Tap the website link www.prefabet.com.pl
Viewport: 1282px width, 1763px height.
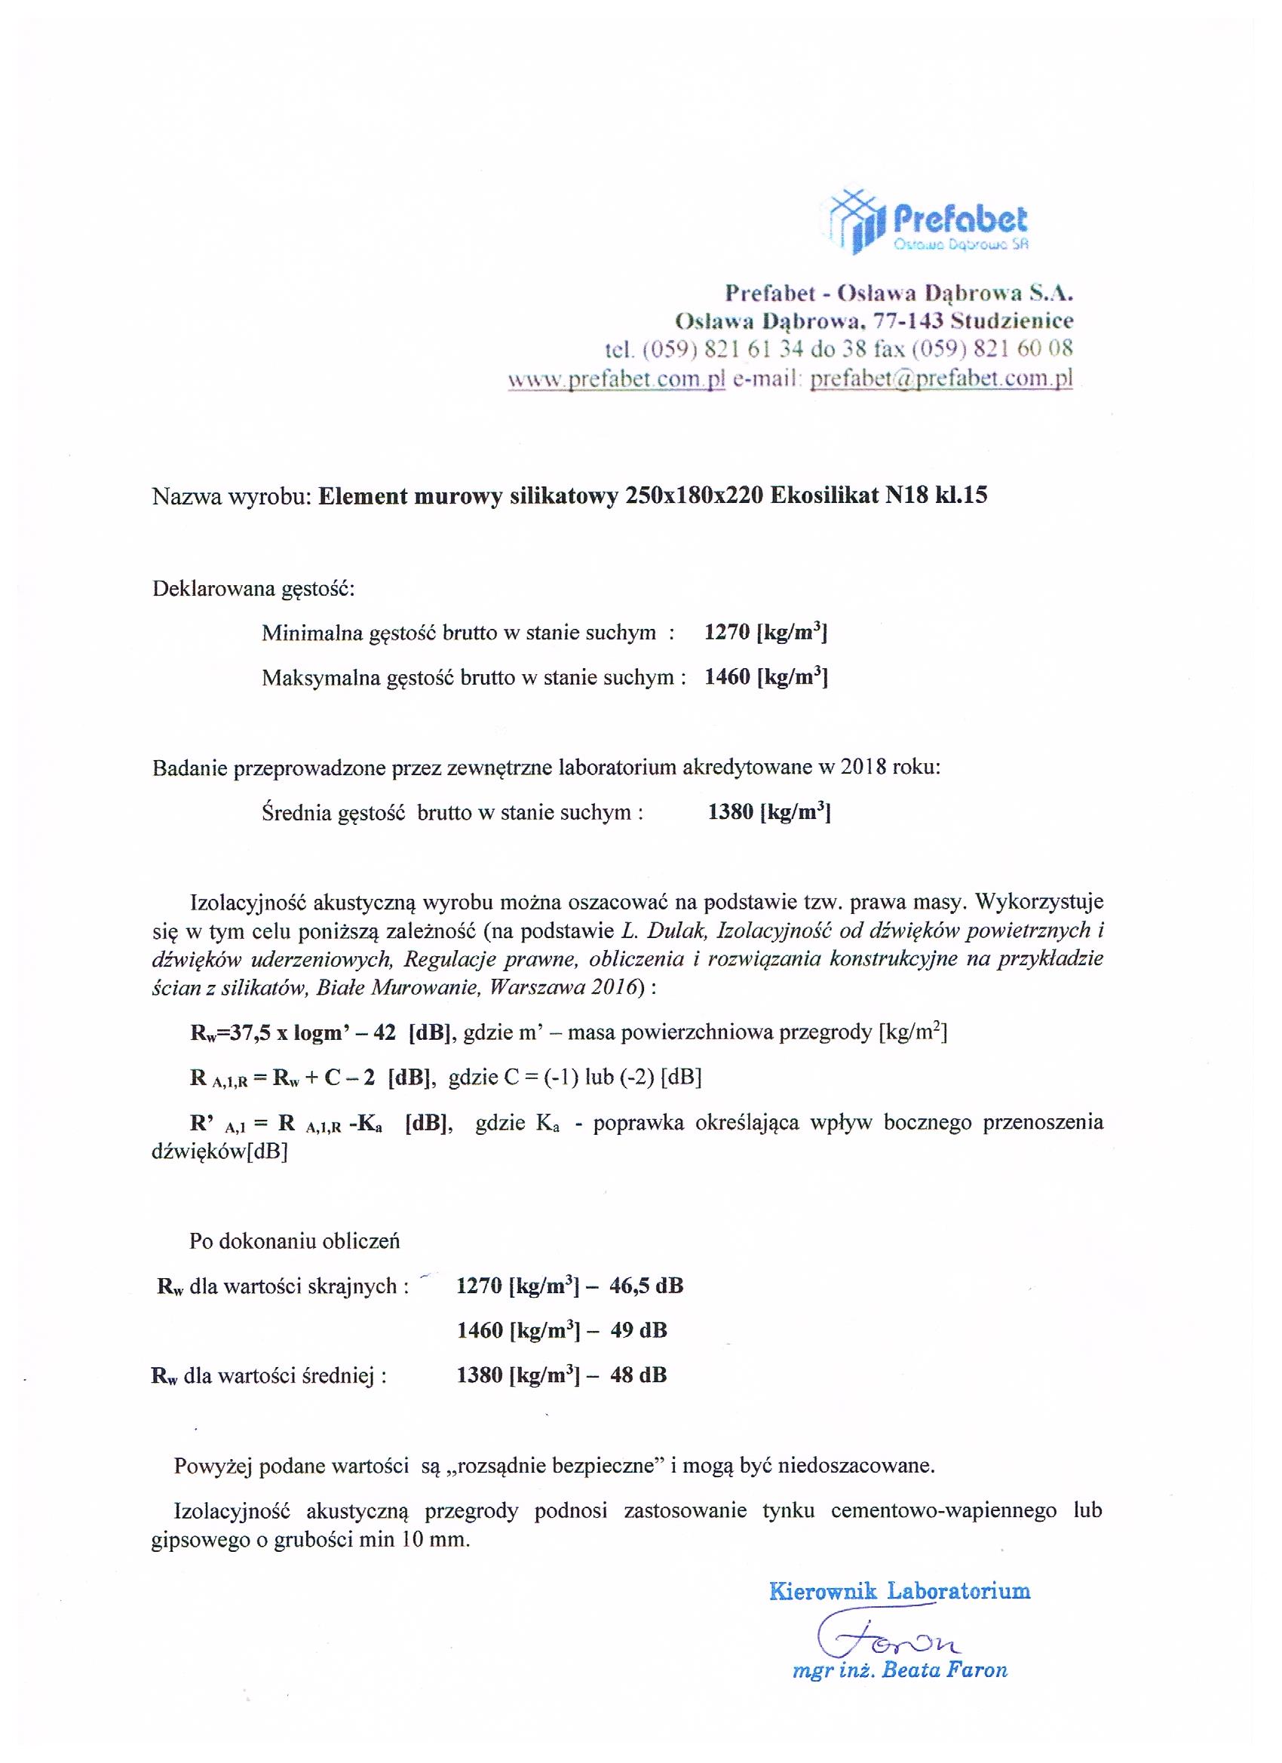tap(617, 379)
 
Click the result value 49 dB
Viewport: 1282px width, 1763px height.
tap(638, 1330)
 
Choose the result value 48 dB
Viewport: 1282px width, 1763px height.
tap(638, 1375)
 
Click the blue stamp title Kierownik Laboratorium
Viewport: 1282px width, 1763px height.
tap(900, 1590)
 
